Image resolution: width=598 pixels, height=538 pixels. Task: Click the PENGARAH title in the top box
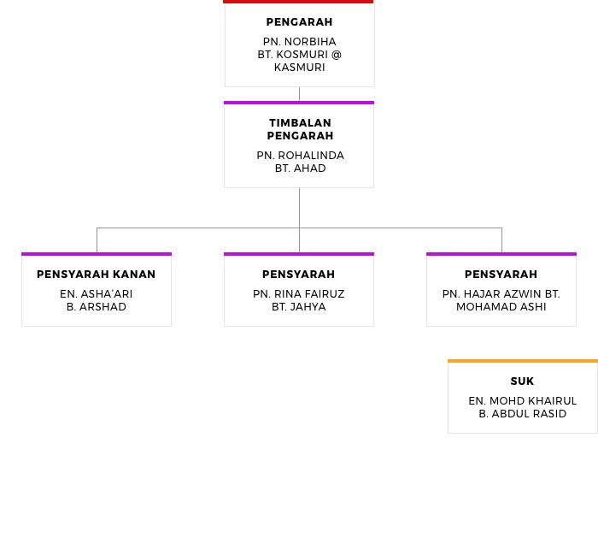click(x=299, y=22)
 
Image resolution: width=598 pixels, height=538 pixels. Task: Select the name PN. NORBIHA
click(x=299, y=42)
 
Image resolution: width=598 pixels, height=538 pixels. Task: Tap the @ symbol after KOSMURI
click(x=337, y=55)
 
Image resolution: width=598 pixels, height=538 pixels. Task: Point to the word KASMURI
click(x=299, y=68)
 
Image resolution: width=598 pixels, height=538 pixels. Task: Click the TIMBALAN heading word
click(x=300, y=123)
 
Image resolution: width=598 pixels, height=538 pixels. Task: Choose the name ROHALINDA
click(x=311, y=156)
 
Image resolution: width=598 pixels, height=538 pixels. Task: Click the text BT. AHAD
click(x=300, y=168)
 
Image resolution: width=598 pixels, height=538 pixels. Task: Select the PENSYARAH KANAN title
click(x=96, y=275)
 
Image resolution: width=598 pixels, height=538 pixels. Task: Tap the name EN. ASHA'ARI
click(x=96, y=294)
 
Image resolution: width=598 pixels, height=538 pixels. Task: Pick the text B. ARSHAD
click(x=96, y=307)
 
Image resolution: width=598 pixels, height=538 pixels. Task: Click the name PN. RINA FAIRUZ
click(x=299, y=294)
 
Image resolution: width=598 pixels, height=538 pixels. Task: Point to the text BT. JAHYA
click(x=299, y=307)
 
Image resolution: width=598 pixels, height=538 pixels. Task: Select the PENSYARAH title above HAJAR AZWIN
click(x=501, y=275)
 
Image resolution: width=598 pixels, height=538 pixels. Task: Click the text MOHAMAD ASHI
click(x=501, y=307)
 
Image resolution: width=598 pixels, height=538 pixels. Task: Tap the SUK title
click(x=523, y=381)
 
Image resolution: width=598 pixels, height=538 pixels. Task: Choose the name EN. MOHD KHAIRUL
click(x=523, y=401)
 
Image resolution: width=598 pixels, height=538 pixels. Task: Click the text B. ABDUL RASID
click(x=523, y=414)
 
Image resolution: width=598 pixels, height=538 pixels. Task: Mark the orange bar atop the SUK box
click(x=523, y=361)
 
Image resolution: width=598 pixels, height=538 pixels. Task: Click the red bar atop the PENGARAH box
click(x=298, y=2)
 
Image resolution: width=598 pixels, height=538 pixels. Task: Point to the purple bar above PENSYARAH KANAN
click(x=97, y=254)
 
